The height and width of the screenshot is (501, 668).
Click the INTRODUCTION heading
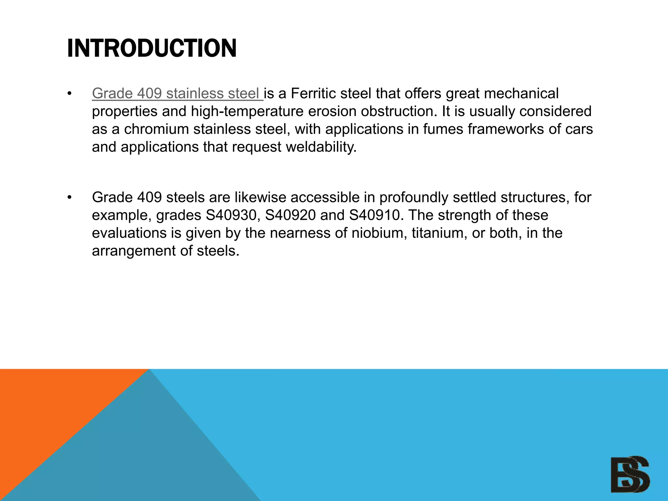click(152, 48)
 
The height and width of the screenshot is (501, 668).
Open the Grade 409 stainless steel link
click(177, 94)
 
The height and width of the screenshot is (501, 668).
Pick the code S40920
click(290, 215)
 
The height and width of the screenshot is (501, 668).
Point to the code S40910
click(375, 215)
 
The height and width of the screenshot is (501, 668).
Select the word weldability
click(321, 147)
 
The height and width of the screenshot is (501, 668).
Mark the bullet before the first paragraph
click(69, 94)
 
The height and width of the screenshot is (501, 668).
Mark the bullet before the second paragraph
click(69, 198)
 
